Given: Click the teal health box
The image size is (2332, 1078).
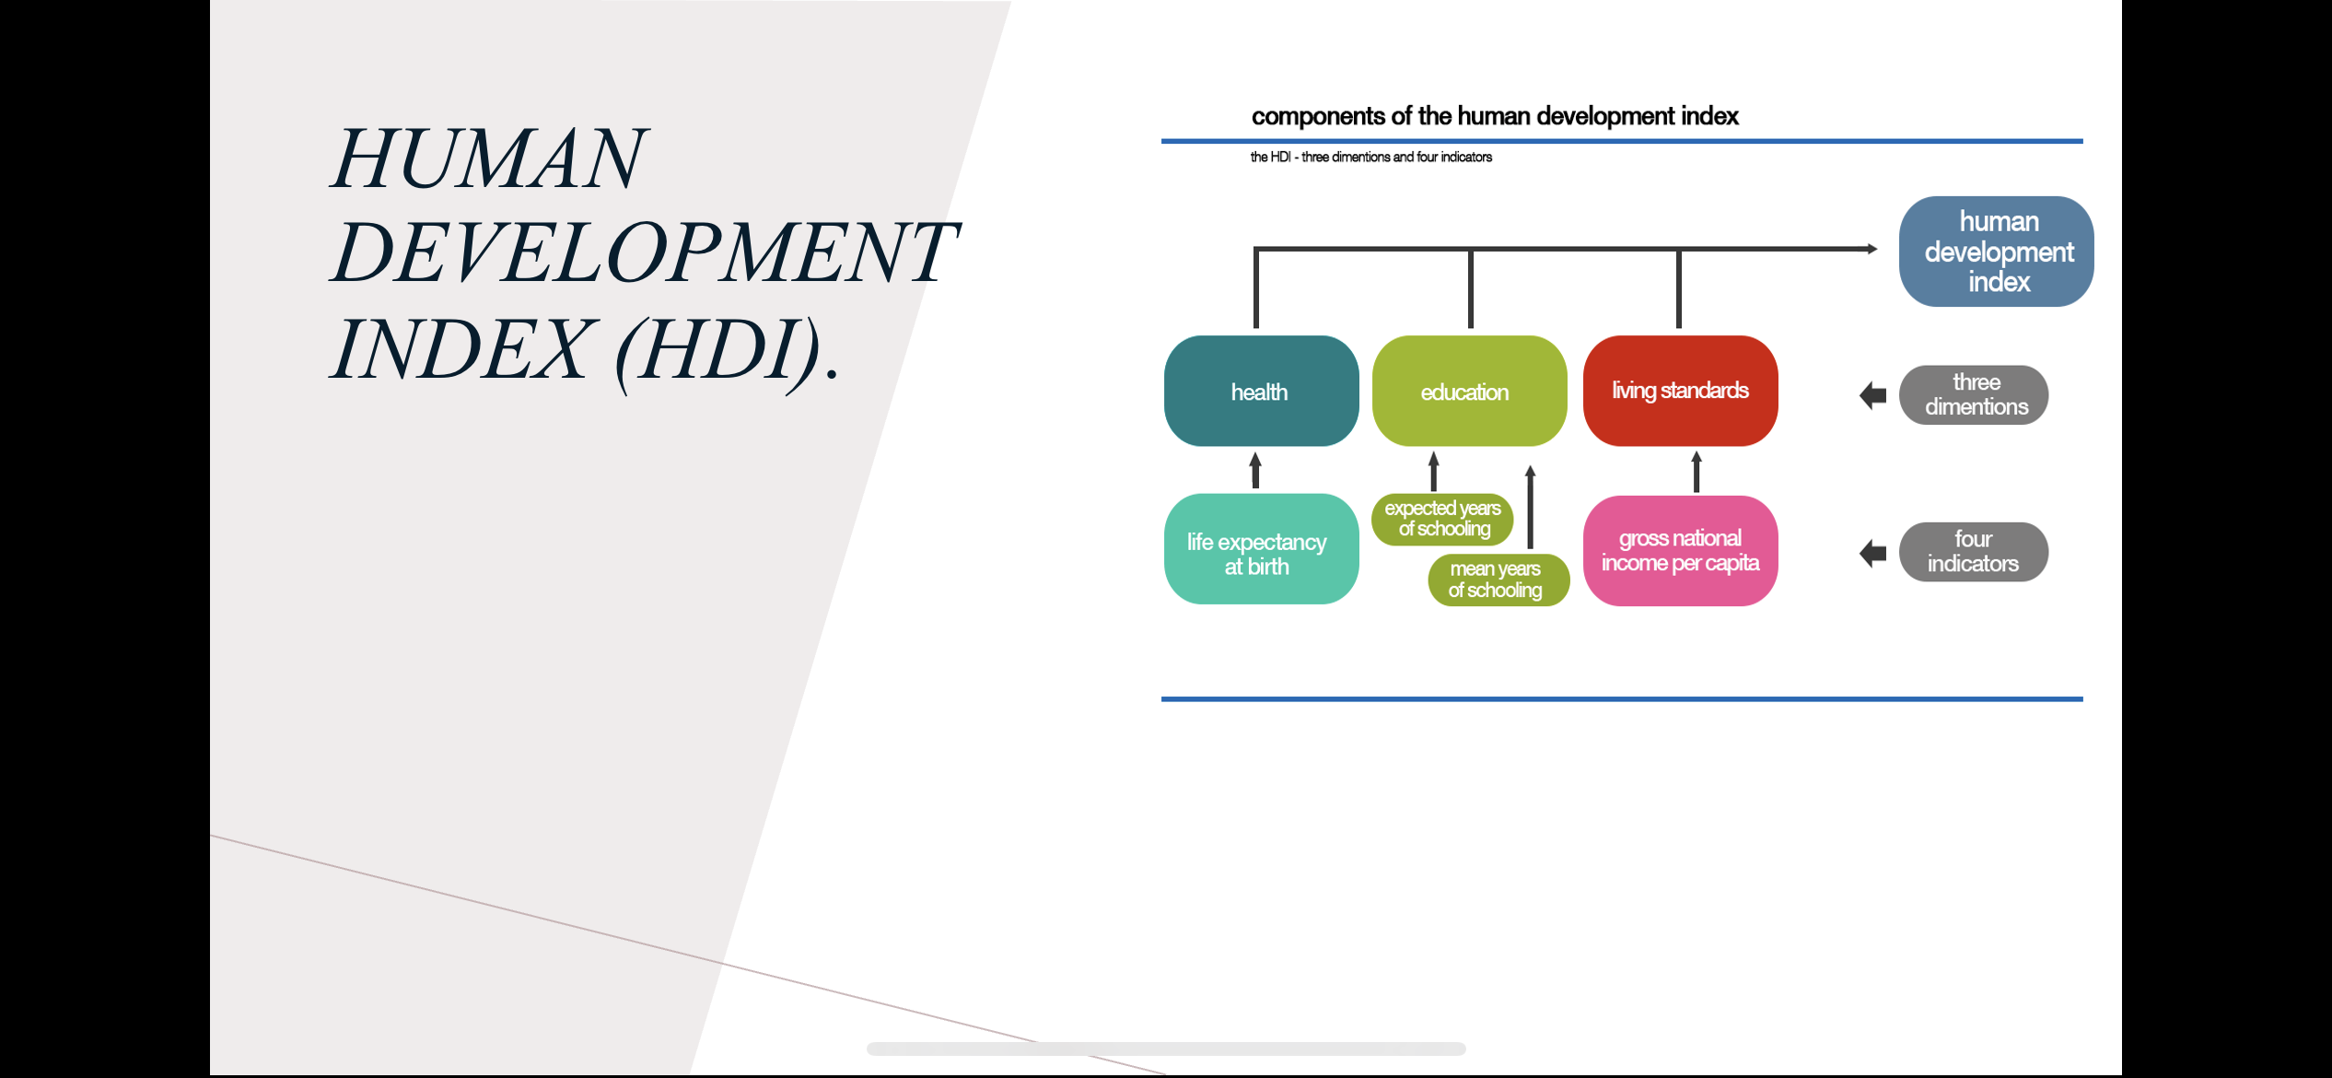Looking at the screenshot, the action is [x=1261, y=391].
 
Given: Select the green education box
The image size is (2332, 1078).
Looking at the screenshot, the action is [x=1469, y=391].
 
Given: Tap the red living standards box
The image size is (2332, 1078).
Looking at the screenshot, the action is [x=1680, y=391].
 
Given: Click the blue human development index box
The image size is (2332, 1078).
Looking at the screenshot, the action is [x=1996, y=251].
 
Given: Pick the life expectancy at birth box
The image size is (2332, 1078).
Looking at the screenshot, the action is [x=1261, y=549].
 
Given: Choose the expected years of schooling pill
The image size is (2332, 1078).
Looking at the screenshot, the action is [x=1442, y=519].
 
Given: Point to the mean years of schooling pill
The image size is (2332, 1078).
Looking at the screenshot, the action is [x=1498, y=580].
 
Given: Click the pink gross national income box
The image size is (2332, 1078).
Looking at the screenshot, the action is [x=1680, y=551].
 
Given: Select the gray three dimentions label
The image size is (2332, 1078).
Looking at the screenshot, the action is [x=1974, y=395].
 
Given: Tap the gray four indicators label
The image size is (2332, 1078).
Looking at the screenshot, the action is [x=1974, y=552].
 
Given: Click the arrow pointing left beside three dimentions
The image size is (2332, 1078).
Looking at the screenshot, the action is [x=1873, y=396].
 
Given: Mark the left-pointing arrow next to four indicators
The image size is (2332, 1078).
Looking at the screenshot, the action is [x=1873, y=554].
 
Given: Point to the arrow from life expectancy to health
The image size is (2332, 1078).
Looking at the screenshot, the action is [x=1255, y=470].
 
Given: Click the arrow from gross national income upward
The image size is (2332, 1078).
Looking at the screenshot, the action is [x=1697, y=471].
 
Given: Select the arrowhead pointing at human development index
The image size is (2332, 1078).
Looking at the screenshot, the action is [x=1872, y=249].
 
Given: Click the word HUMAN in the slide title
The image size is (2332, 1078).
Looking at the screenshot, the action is [x=489, y=158].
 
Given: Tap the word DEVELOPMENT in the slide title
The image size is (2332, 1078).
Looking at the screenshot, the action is [x=645, y=252].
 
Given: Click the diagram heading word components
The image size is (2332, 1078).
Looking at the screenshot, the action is [x=1319, y=117].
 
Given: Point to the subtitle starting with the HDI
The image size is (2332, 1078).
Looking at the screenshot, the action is [x=1370, y=158].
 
